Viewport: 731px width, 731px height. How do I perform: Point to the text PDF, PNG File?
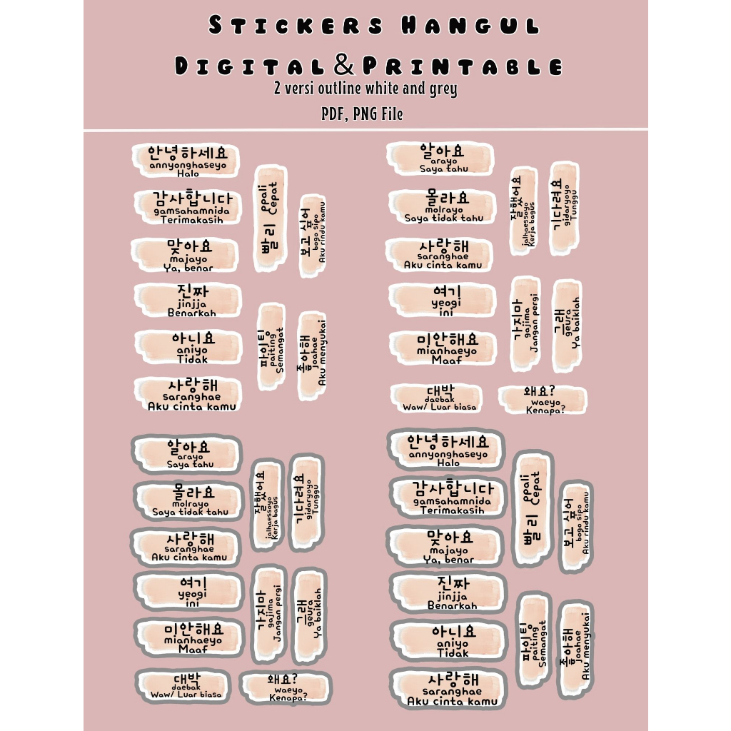361,114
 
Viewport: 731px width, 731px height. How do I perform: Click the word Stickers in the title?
296,26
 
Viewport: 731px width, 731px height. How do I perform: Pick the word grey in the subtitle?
443,89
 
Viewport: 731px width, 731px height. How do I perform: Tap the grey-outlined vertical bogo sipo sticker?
576,527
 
